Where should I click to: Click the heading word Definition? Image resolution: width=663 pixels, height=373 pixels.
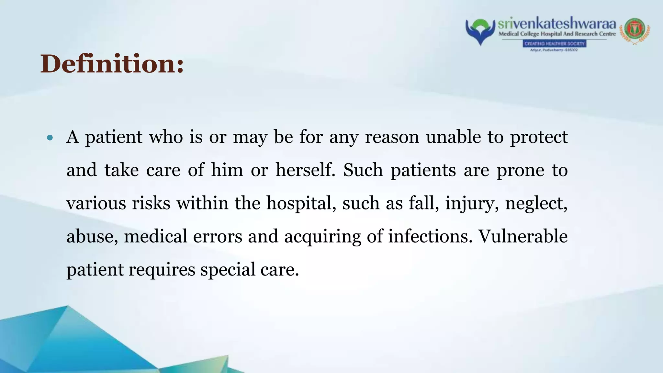[x=112, y=64]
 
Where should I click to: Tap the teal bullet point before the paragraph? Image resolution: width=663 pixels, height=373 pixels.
[x=50, y=138]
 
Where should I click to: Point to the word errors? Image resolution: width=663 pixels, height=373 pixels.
[x=218, y=236]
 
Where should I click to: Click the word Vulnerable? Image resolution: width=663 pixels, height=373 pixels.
[x=523, y=236]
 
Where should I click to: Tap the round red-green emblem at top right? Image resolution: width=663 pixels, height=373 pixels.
[x=635, y=31]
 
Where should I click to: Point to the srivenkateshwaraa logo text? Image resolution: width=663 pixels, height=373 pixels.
[x=557, y=24]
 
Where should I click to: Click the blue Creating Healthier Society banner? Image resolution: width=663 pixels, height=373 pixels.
[x=554, y=44]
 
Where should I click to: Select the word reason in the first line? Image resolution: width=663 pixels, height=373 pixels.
[x=392, y=137]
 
